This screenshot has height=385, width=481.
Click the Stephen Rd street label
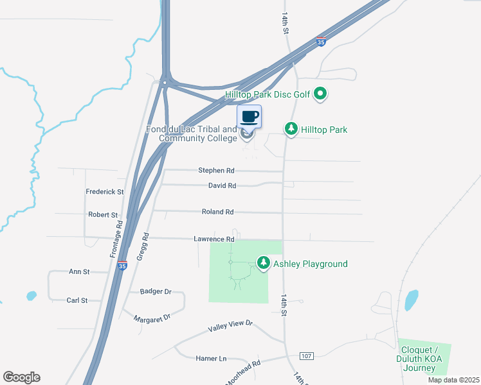pos(216,171)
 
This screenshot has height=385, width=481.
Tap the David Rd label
pos(222,185)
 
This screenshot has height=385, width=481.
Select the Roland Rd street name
pos(217,211)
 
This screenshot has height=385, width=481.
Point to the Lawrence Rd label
pos(214,239)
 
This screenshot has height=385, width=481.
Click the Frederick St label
pos(104,192)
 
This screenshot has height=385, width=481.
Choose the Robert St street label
pos(103,215)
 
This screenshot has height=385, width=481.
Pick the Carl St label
pos(77,300)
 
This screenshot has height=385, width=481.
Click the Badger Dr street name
pos(156,291)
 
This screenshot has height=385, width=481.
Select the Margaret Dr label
pos(152,318)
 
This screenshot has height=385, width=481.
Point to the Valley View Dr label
pos(230,326)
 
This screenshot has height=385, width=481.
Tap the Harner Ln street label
pos(212,358)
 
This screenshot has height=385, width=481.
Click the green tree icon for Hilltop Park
pos(292,129)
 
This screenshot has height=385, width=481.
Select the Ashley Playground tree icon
pos(263,263)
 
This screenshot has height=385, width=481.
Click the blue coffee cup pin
pos(250,117)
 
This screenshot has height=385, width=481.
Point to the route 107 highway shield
pos(306,355)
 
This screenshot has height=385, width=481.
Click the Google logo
pos(21,377)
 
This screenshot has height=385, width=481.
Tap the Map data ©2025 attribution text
pos(453,380)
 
